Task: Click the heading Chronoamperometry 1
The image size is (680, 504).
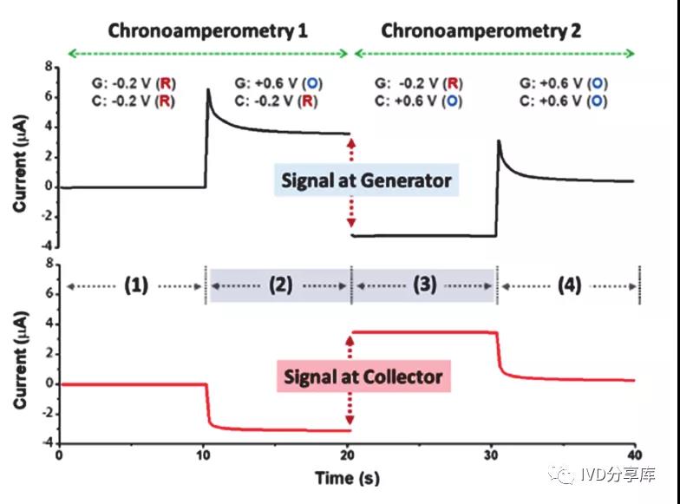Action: [208, 31]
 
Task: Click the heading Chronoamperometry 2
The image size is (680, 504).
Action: [481, 31]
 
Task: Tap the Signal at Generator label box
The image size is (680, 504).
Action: [366, 180]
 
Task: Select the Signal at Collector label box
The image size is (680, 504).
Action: [363, 376]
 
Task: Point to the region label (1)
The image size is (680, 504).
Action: [136, 285]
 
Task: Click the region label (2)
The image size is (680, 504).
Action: [281, 285]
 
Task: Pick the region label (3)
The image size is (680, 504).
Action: [425, 285]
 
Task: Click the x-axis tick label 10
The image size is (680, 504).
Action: [203, 455]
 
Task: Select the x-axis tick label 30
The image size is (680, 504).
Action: [491, 455]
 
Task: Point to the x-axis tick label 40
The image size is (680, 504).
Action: [635, 455]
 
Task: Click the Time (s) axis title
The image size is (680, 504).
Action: [347, 478]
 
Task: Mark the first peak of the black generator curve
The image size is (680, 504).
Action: [208, 89]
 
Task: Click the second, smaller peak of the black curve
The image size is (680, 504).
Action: [499, 141]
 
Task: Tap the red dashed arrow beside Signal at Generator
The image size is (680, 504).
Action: [351, 182]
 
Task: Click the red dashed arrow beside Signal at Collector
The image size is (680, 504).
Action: [350, 380]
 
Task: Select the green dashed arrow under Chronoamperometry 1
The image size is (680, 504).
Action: [208, 54]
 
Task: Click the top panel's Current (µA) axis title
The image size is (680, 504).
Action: [20, 163]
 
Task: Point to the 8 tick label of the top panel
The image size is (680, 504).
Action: [49, 67]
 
